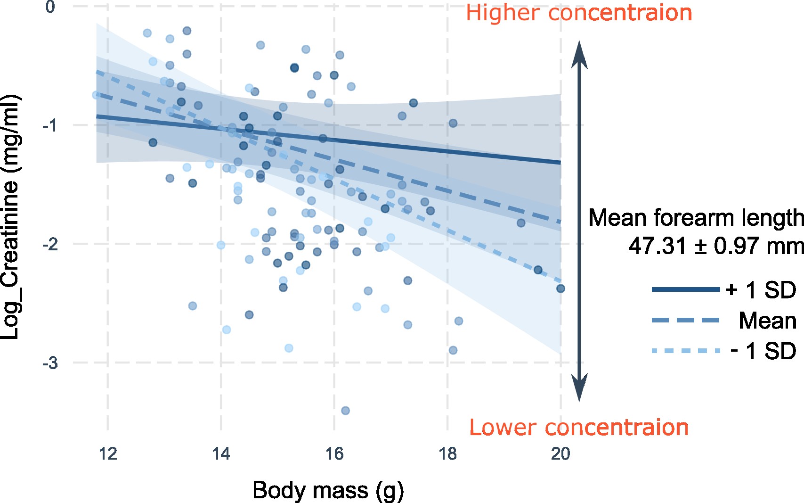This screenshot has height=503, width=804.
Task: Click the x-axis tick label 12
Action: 108,454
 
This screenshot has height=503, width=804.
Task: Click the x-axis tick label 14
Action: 221,454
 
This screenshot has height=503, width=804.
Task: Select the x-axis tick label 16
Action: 334,454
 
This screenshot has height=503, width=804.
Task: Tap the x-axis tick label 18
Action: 447,454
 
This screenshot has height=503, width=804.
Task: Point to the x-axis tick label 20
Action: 560,454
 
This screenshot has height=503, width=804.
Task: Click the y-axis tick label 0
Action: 50,7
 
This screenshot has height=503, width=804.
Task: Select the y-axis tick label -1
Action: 49,126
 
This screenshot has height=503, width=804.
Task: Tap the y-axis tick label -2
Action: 49,245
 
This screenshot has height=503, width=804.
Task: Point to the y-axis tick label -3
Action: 49,363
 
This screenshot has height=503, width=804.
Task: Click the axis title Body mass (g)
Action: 328,491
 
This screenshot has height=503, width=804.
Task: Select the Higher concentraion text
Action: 579,13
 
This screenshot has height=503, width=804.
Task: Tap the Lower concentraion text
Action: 579,428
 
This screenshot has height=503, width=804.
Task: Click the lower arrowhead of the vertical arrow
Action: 579,389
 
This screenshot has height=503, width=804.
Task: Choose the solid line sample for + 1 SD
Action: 686,289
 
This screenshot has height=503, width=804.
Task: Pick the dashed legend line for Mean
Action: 686,321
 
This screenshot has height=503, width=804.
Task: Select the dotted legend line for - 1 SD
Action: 686,351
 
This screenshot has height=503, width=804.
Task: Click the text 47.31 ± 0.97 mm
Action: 716,246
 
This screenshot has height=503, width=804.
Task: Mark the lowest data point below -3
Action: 345,411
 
